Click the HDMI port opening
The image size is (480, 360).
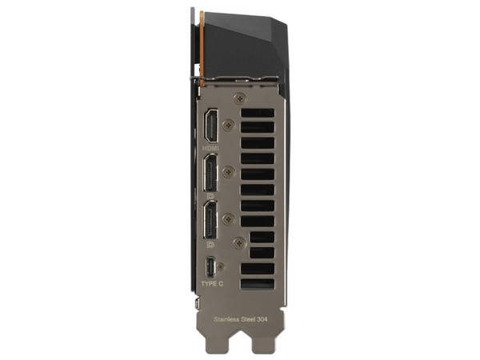pyautogui.click(x=211, y=126)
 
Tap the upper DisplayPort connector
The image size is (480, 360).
pyautogui.click(x=211, y=173)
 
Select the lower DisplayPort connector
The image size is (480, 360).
pyautogui.click(x=211, y=220)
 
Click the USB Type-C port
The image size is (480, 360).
pyautogui.click(x=210, y=267)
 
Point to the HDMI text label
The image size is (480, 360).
pyautogui.click(x=210, y=149)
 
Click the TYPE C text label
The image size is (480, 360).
pyautogui.click(x=212, y=284)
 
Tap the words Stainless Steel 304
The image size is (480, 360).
pyautogui.click(x=241, y=319)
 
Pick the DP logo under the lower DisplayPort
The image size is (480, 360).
pyautogui.click(x=211, y=244)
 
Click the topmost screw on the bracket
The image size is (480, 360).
pyautogui.click(x=240, y=99)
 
